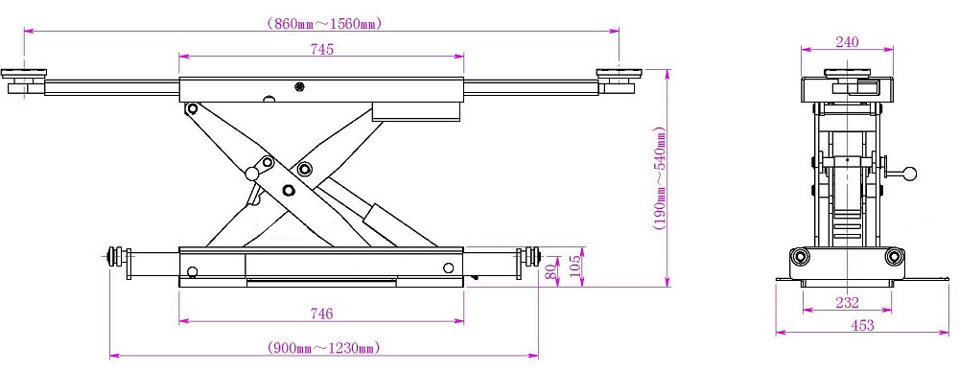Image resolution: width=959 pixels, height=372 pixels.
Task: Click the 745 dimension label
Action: (321, 50)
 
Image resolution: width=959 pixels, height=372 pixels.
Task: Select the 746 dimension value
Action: (321, 314)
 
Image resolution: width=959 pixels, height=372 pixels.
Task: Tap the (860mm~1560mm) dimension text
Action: (324, 24)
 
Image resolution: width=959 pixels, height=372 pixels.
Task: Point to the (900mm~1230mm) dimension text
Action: (324, 348)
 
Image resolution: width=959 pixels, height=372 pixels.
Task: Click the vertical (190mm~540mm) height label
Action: (660, 178)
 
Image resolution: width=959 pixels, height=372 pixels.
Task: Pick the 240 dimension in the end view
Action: (847, 42)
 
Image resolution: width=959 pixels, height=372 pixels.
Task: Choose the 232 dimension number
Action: (847, 302)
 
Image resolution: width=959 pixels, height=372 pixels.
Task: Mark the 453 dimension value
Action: (862, 326)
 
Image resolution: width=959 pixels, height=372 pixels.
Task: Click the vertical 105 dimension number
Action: (574, 267)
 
